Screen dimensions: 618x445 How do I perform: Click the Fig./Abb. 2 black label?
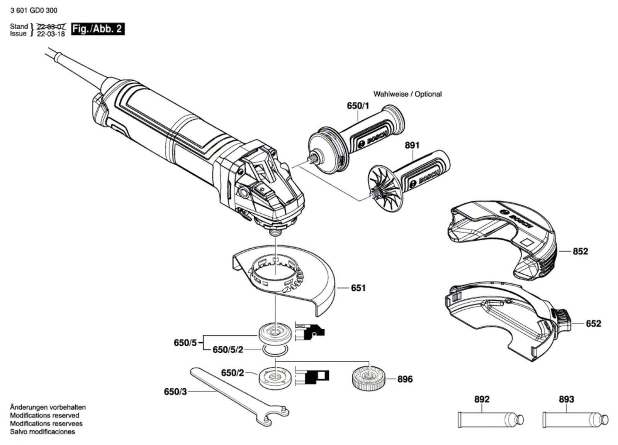(x=98, y=29)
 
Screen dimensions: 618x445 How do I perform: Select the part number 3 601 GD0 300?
(x=34, y=10)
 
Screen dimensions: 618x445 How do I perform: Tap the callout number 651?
(x=358, y=288)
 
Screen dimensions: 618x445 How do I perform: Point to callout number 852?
(x=581, y=251)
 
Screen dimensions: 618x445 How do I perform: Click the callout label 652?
(x=593, y=323)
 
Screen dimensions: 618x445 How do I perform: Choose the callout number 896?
(x=405, y=379)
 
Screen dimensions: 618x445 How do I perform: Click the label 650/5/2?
(x=228, y=350)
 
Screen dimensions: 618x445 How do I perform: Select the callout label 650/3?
(x=175, y=391)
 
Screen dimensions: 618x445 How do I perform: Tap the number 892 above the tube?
(x=482, y=399)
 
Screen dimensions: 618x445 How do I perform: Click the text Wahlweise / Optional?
(x=407, y=94)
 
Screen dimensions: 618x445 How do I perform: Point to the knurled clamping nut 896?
(x=368, y=378)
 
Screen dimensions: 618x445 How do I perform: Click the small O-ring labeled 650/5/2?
(x=275, y=350)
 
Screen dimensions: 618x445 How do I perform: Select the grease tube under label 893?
(x=575, y=420)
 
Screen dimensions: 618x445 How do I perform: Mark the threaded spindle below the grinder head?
(x=275, y=231)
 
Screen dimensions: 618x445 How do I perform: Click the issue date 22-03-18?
(x=51, y=34)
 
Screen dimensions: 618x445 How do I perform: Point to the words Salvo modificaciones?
(x=42, y=432)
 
